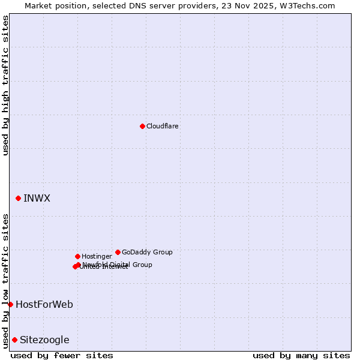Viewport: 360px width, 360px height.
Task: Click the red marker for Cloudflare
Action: click(142, 126)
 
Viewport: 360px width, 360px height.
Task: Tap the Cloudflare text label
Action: click(163, 126)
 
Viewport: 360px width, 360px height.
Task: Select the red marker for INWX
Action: click(18, 198)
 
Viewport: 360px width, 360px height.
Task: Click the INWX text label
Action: click(37, 198)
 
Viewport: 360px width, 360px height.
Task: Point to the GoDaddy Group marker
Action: click(118, 252)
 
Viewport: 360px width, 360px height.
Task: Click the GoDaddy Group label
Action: click(147, 252)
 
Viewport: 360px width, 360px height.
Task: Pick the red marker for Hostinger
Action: click(77, 256)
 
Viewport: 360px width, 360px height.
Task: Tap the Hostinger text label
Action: click(97, 256)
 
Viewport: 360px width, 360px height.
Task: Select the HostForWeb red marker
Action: click(10, 304)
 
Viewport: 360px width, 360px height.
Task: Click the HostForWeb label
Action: click(44, 304)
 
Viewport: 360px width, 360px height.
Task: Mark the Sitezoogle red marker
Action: click(14, 340)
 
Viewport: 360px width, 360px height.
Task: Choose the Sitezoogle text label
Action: click(44, 340)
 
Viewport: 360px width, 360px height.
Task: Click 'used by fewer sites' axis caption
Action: click(62, 355)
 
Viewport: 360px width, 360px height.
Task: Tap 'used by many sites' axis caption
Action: click(301, 355)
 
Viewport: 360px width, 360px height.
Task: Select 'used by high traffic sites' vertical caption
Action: click(5, 85)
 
